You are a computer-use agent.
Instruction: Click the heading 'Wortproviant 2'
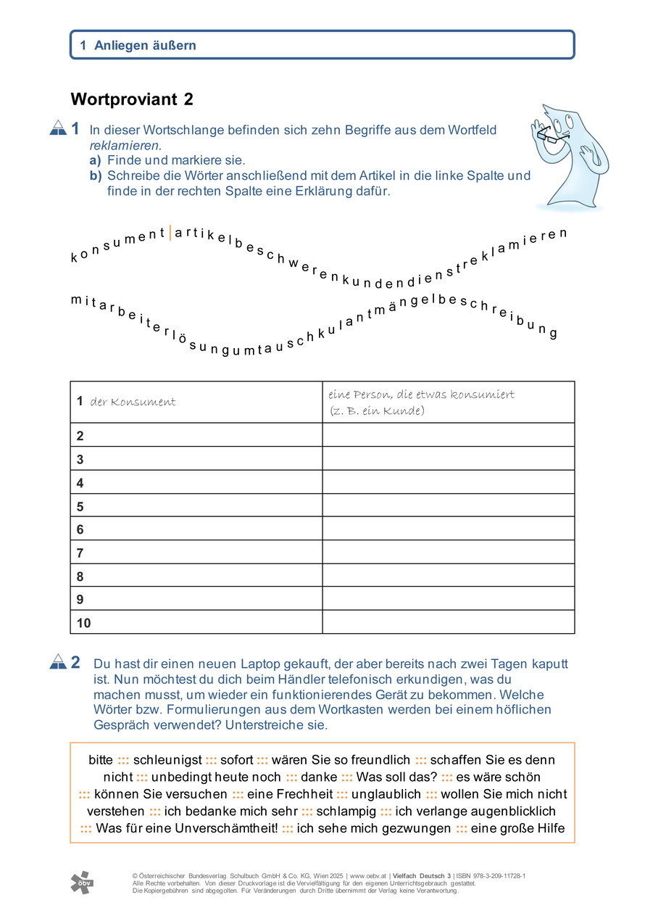(132, 100)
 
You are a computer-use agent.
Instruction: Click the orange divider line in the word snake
(170, 233)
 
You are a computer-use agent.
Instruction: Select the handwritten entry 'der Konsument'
(133, 402)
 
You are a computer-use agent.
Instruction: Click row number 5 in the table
(80, 508)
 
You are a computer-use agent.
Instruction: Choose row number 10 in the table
(84, 623)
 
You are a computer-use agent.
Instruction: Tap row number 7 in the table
(80, 554)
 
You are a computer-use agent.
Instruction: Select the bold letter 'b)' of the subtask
(96, 175)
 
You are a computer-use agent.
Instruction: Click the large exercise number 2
(75, 662)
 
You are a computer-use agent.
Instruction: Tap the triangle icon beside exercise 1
(58, 129)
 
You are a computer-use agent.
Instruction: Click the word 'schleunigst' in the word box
(167, 760)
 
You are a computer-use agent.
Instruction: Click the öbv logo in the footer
(81, 883)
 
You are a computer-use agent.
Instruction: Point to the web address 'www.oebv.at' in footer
(367, 876)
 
